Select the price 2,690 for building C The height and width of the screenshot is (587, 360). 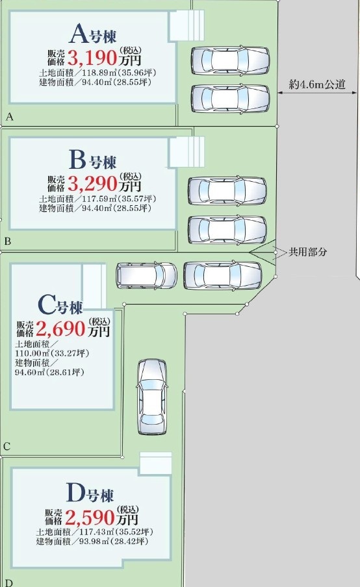[61, 329]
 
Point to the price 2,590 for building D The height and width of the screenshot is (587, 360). [90, 518]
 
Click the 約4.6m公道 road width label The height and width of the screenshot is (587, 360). [317, 84]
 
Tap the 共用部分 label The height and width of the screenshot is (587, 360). [307, 252]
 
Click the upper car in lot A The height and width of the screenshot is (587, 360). [230, 60]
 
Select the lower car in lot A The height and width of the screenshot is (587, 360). [230, 99]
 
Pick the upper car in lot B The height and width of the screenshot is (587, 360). [227, 191]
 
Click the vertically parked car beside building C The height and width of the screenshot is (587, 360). [151, 397]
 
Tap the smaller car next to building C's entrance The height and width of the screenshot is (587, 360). [146, 275]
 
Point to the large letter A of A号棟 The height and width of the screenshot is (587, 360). [79, 34]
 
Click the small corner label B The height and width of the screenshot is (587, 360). [8, 242]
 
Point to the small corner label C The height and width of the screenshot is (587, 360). [6, 447]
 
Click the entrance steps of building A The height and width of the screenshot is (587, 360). [186, 25]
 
